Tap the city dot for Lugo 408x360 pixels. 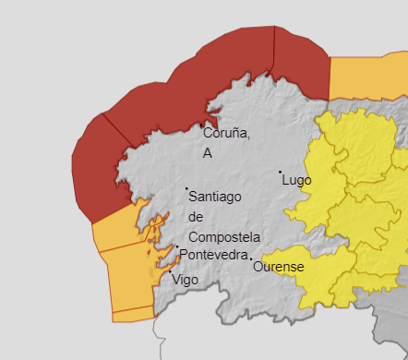click(x=281, y=172)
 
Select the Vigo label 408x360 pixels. click(x=185, y=279)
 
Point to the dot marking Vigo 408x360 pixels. click(x=170, y=271)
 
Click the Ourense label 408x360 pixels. click(x=278, y=267)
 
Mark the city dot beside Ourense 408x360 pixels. click(x=250, y=258)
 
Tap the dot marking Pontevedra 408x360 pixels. click(x=176, y=246)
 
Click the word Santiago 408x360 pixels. click(x=214, y=196)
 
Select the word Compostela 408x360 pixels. click(x=223, y=236)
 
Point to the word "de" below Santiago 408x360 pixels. click(x=195, y=216)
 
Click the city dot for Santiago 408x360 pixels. click(x=186, y=189)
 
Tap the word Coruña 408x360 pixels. click(x=226, y=133)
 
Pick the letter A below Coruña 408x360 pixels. click(x=208, y=153)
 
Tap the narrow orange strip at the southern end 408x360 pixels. click(x=134, y=316)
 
